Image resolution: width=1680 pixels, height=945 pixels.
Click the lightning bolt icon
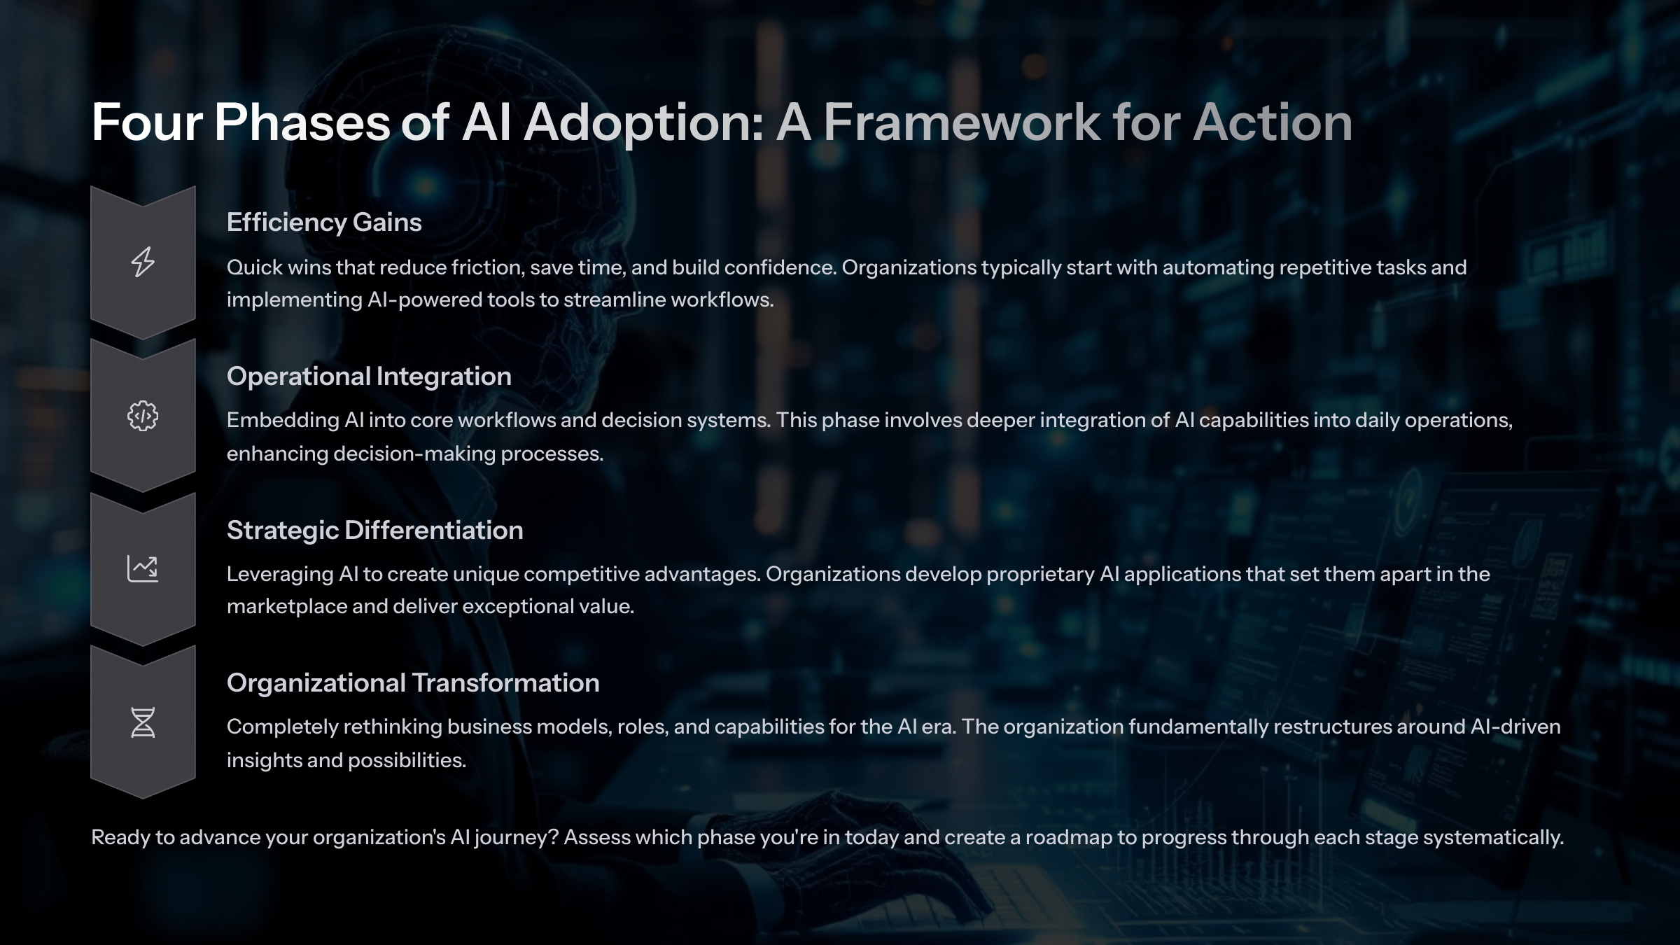(x=143, y=262)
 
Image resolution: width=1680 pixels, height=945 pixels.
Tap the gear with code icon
(x=143, y=416)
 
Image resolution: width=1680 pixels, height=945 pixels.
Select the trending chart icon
(x=143, y=568)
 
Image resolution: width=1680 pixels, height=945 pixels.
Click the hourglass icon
(x=143, y=722)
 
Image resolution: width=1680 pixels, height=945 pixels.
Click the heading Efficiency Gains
(x=324, y=223)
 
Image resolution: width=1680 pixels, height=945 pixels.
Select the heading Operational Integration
(x=369, y=377)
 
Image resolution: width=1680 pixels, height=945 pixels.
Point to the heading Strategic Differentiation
(x=374, y=531)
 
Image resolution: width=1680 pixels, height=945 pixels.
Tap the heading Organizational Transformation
(x=413, y=683)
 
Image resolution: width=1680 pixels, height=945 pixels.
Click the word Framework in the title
(x=961, y=123)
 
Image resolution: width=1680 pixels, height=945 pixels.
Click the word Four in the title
(x=147, y=123)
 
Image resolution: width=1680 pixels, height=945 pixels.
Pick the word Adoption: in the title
(x=643, y=123)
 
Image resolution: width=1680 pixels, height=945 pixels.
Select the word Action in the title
(x=1272, y=123)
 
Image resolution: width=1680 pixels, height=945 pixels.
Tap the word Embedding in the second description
(x=282, y=420)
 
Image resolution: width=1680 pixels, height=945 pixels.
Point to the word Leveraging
(x=279, y=574)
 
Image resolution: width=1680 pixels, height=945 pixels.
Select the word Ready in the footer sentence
(x=120, y=837)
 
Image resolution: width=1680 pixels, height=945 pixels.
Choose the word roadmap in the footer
(x=1068, y=837)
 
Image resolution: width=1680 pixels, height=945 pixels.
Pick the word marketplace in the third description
(x=286, y=606)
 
